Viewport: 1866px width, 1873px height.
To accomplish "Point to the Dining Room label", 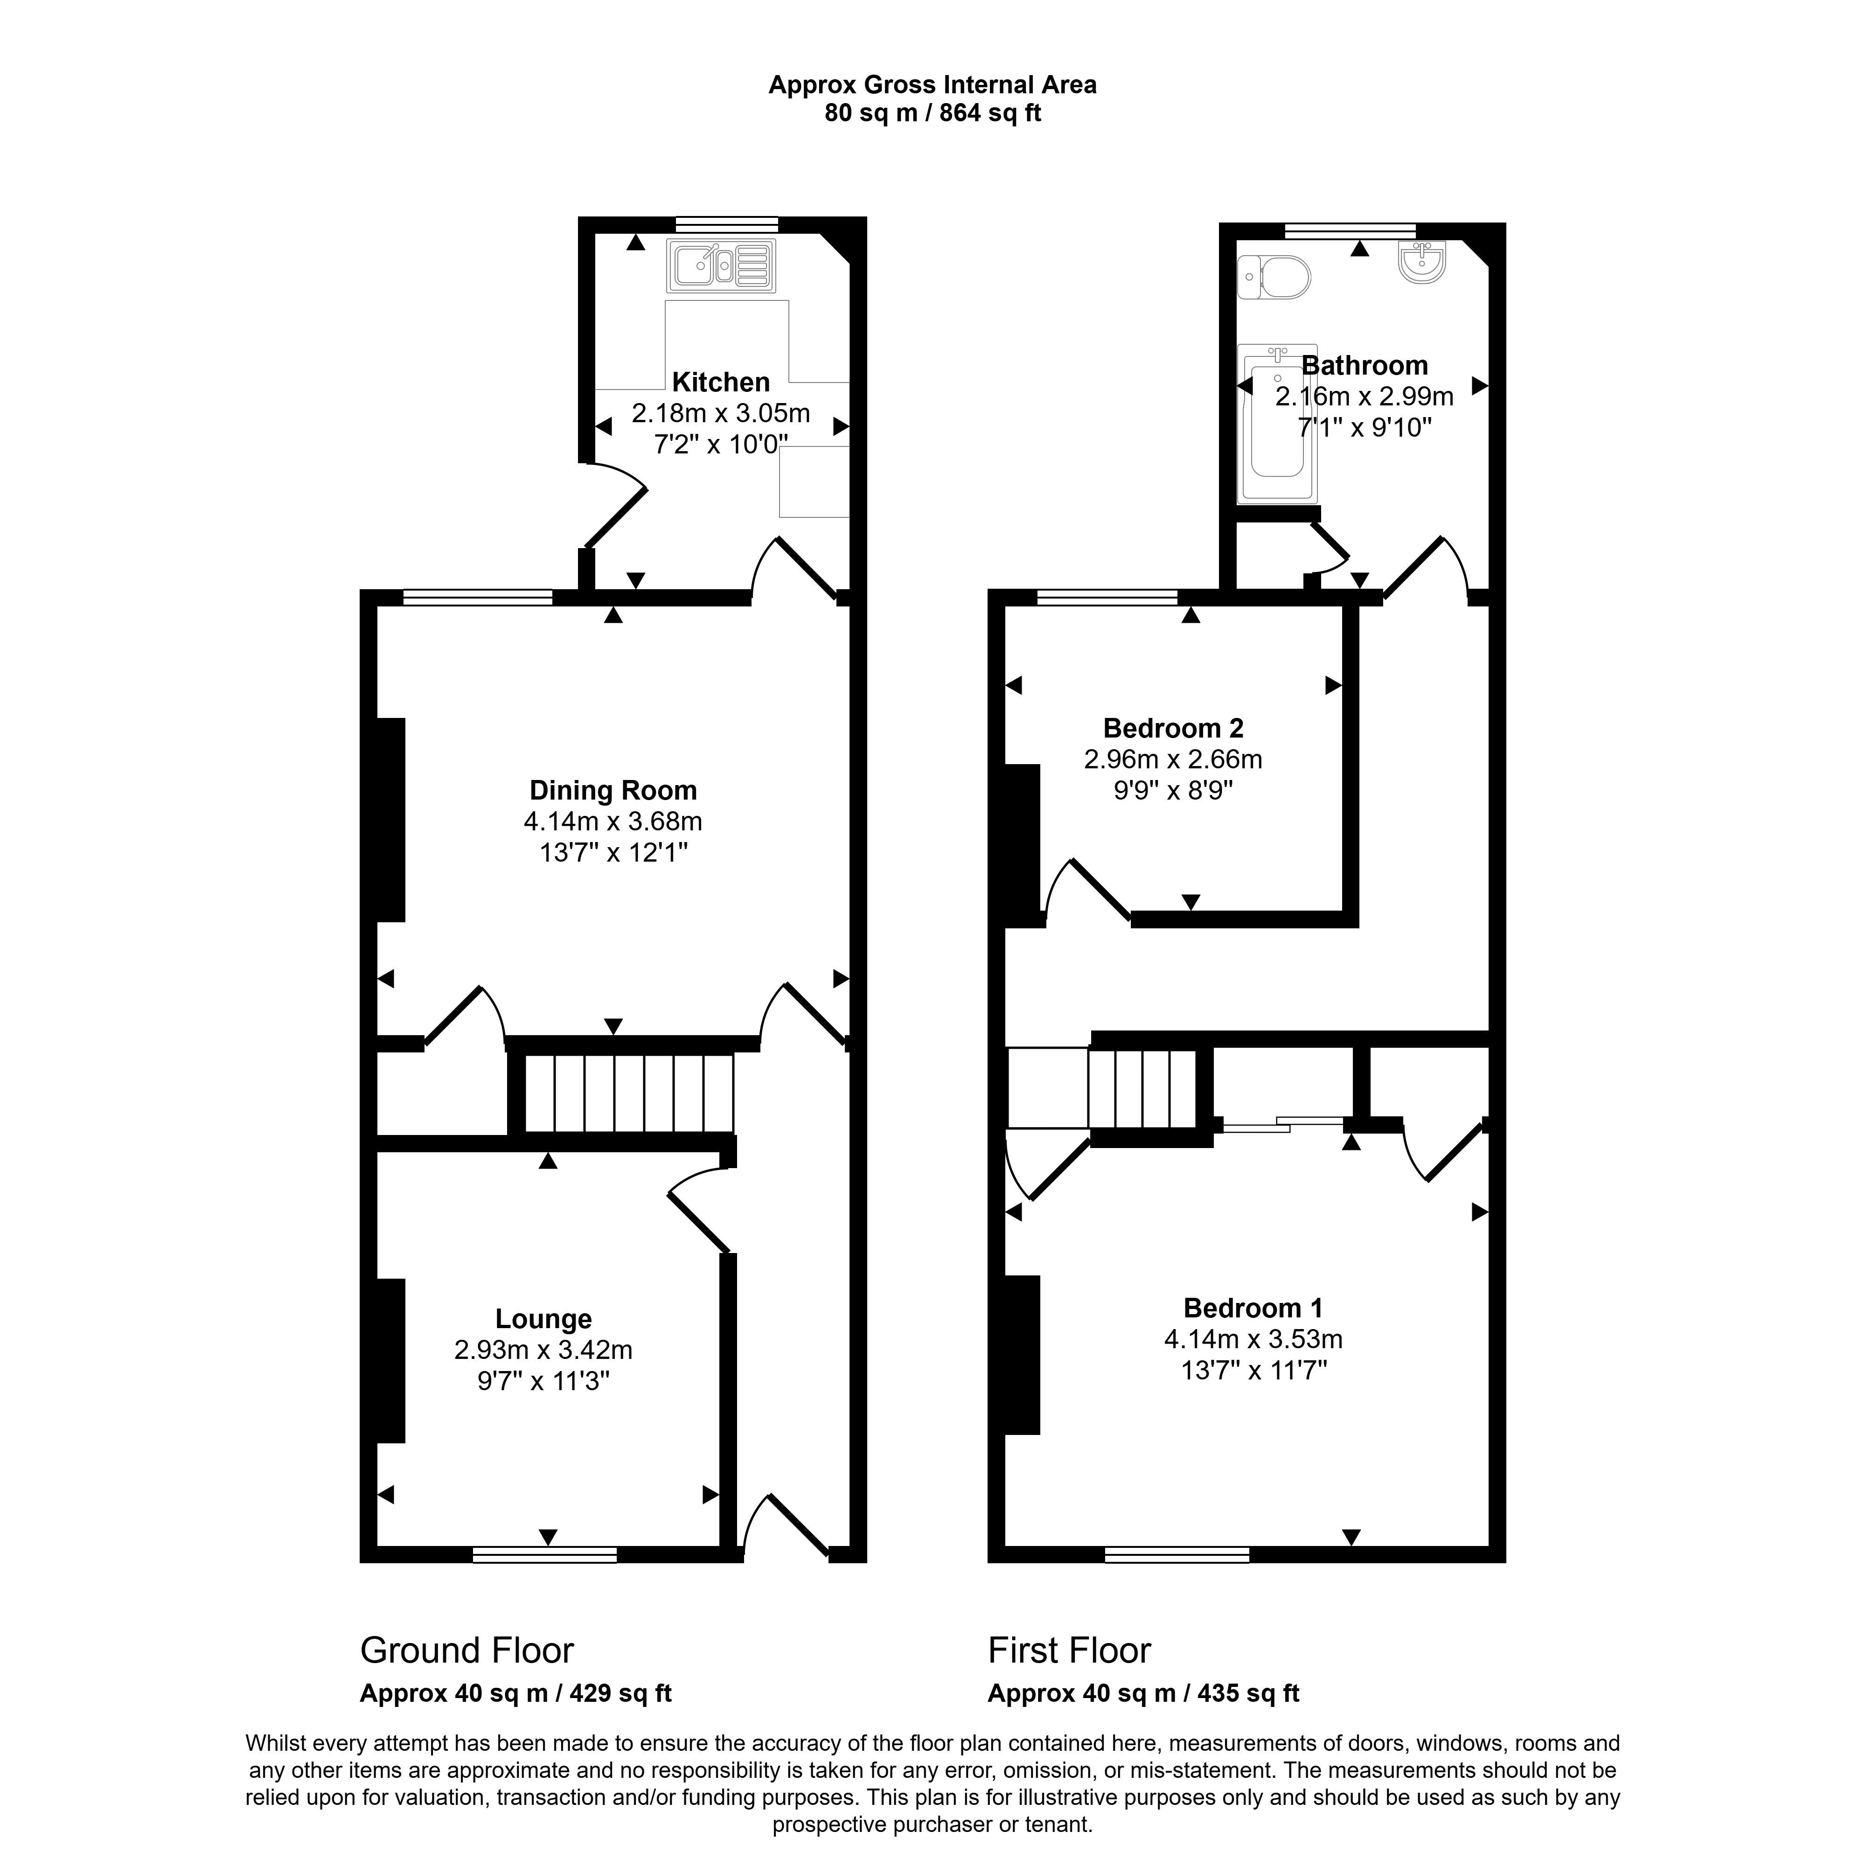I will point(613,790).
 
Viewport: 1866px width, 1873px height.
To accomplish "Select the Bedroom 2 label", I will point(1173,728).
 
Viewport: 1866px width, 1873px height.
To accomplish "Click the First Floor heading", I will point(1069,1650).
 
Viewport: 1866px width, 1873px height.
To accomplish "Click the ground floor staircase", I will point(628,1093).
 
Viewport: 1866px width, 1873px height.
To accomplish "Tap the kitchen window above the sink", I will point(727,224).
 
